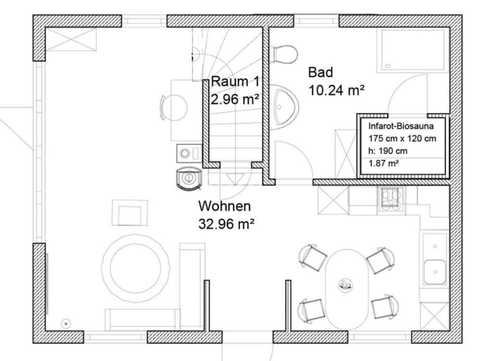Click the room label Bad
320,73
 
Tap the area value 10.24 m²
336,90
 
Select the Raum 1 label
235,82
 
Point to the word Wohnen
225,206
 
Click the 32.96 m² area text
227,224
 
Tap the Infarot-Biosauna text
401,126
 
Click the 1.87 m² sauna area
383,163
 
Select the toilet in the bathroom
283,55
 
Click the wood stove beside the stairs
189,179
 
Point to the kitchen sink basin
435,272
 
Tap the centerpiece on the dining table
345,285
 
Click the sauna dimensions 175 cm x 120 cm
402,139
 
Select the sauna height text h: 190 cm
388,151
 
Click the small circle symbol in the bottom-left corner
66,323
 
